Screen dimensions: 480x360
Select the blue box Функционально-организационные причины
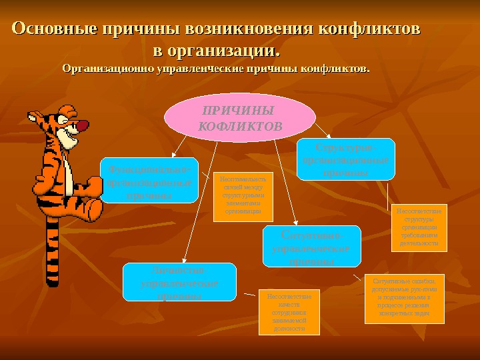(149, 181)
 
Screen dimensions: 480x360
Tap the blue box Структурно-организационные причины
(345, 159)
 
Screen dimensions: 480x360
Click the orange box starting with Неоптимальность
(243, 196)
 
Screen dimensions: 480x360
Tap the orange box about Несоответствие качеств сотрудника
(289, 311)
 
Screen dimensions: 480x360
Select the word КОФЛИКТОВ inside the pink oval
(241, 125)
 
